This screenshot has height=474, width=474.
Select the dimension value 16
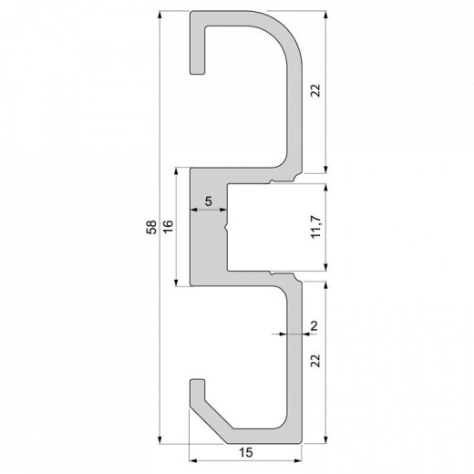(x=168, y=228)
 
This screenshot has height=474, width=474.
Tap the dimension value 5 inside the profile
(x=209, y=201)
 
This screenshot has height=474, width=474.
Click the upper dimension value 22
(x=315, y=91)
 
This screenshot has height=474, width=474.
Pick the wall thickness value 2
(x=314, y=325)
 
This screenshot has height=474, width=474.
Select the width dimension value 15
(x=245, y=452)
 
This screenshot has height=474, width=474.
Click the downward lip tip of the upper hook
(x=196, y=71)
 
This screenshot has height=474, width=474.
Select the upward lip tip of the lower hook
(x=196, y=379)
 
